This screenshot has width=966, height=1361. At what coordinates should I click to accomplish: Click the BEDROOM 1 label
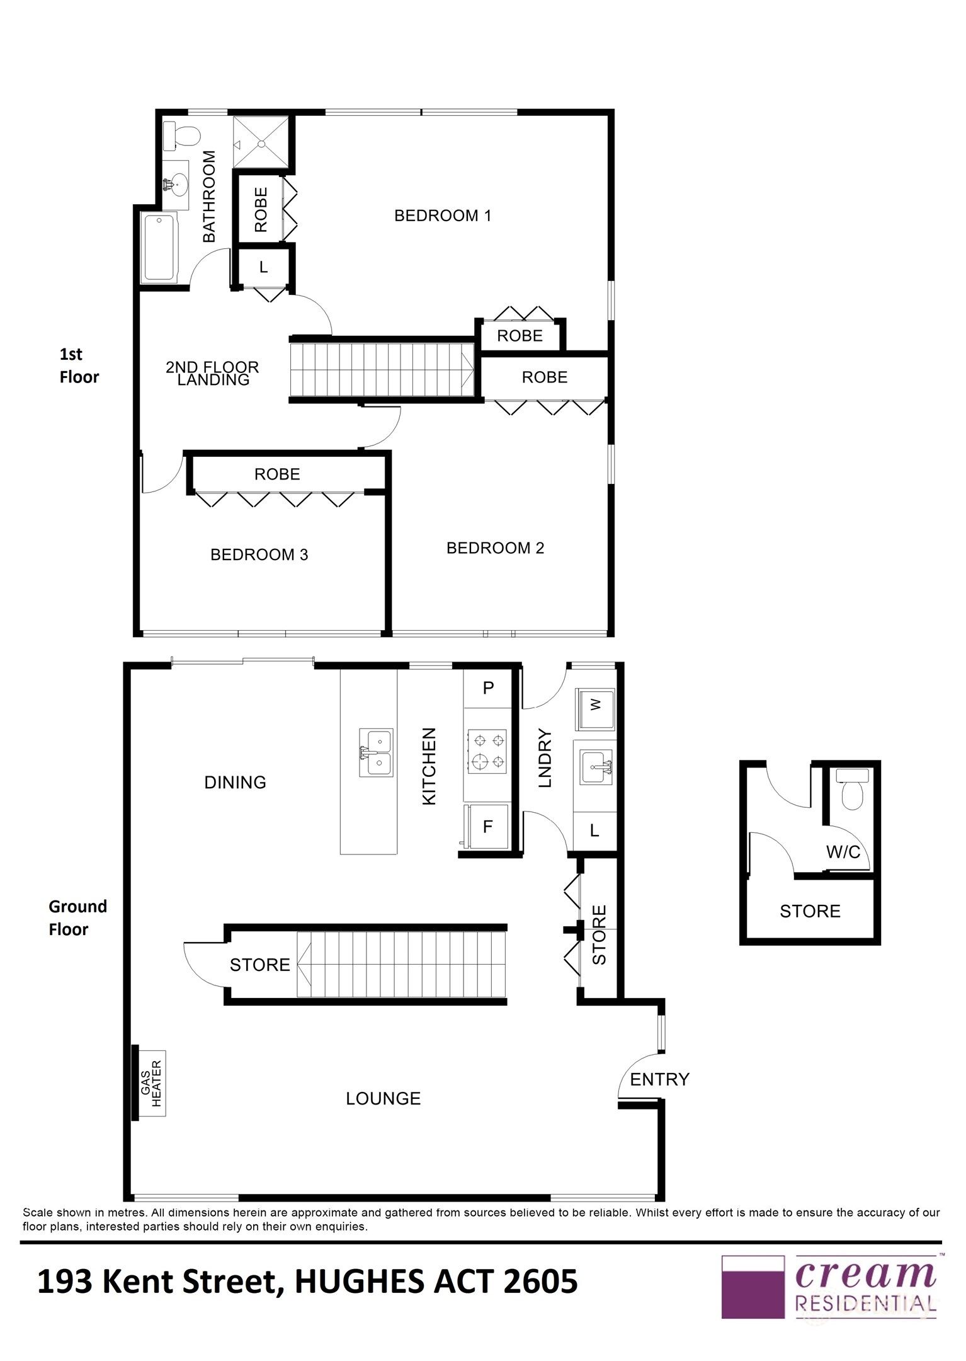442,215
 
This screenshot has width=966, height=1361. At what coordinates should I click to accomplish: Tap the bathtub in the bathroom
159,248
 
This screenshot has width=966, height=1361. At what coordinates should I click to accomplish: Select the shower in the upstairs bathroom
261,142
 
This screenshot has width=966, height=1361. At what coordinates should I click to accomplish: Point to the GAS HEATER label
152,1083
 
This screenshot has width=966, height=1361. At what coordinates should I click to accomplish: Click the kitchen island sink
375,752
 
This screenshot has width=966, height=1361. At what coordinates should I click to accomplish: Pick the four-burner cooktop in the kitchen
487,750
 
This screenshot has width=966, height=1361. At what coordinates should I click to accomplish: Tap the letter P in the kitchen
488,688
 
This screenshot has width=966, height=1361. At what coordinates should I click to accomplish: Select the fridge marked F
487,827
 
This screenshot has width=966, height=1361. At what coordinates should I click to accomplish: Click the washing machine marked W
594,705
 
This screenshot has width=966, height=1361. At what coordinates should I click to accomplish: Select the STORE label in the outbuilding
810,911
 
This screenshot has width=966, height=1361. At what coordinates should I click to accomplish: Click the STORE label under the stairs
259,965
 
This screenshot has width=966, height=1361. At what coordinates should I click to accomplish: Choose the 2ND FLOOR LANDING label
212,373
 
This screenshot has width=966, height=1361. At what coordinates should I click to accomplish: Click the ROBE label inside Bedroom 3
277,474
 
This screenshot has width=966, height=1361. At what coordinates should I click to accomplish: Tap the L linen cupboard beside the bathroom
263,267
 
